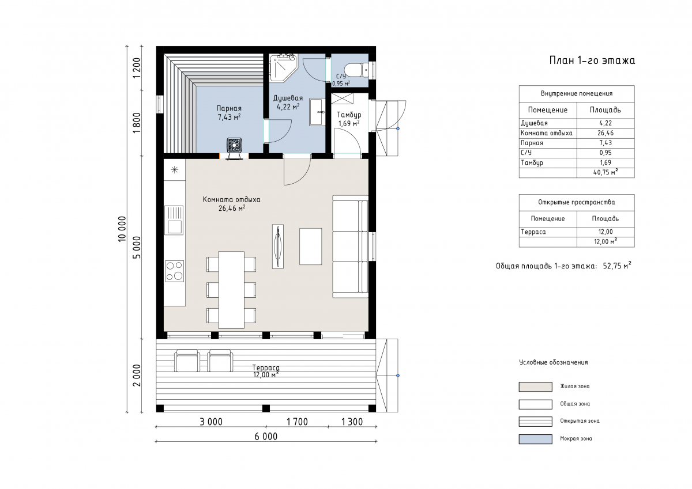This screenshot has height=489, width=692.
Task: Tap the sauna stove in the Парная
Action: point(234,145)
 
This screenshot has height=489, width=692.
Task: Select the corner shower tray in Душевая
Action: point(283,68)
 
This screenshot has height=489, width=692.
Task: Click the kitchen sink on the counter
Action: point(174,220)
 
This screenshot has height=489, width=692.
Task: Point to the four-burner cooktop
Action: point(174,271)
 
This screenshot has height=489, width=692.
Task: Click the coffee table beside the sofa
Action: point(310,247)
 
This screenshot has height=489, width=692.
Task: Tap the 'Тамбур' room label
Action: point(349,115)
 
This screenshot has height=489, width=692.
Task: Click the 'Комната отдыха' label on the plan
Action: point(231,200)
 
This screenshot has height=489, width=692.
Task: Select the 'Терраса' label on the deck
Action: point(266,367)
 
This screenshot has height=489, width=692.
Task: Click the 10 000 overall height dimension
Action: point(122,229)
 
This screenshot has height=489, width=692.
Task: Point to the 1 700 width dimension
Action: point(297,422)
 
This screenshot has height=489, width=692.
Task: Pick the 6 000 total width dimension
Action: point(266,437)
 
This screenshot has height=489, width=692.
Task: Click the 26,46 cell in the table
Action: point(605,133)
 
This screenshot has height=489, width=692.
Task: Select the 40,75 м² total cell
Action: point(605,172)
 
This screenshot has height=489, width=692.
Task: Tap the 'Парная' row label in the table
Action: point(532,143)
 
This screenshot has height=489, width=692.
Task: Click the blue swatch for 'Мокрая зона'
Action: point(535,439)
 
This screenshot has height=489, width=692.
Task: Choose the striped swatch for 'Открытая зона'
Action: point(535,422)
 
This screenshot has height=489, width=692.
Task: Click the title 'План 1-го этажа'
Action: point(592,60)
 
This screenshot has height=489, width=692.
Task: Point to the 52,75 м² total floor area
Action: point(617,266)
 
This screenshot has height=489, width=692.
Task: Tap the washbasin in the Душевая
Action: point(317,112)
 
